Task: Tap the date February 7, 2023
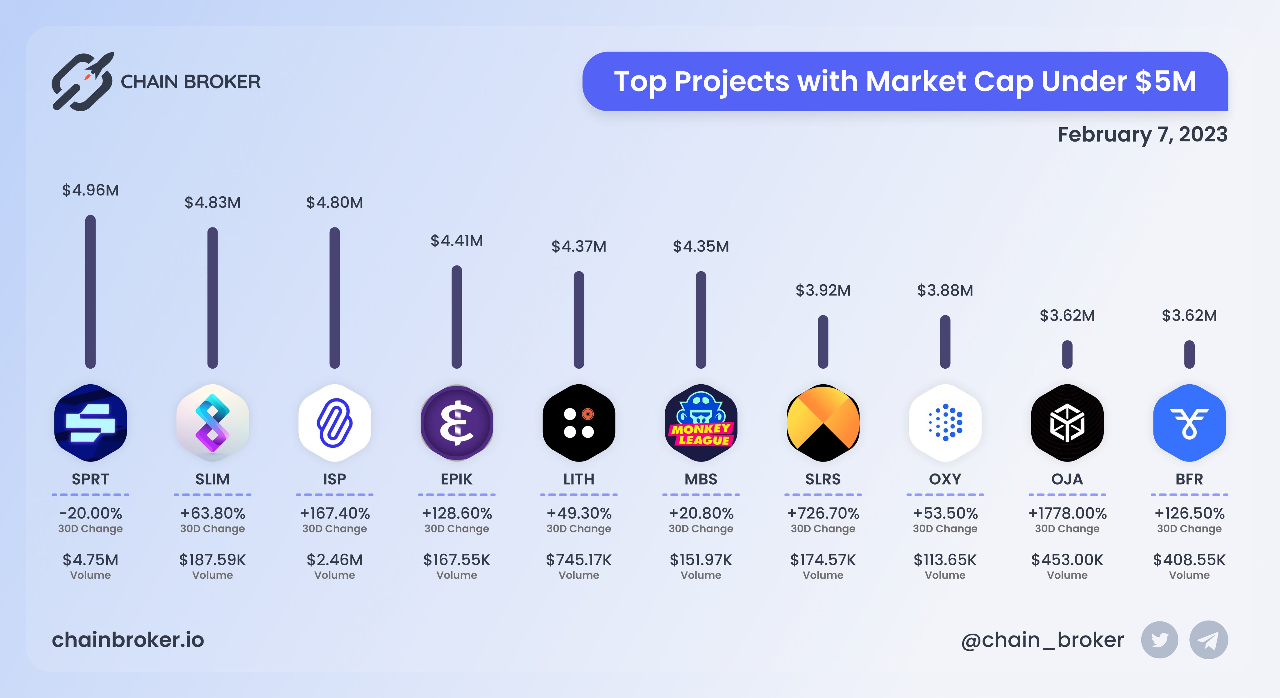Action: [x=1142, y=135]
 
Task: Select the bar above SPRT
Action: [x=90, y=292]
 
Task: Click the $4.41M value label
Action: [x=456, y=241]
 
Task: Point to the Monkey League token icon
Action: [x=701, y=423]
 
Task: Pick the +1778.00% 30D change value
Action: [x=1067, y=513]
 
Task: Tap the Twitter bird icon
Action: [x=1159, y=640]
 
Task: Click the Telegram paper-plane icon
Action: [x=1208, y=640]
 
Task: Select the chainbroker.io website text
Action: [x=128, y=640]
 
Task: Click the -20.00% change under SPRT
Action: [x=90, y=513]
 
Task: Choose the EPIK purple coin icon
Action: [x=457, y=423]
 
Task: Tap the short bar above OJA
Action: [x=1067, y=354]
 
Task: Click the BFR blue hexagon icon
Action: [x=1189, y=423]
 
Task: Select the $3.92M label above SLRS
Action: [x=823, y=290]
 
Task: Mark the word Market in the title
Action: [x=915, y=82]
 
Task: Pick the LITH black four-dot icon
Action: [x=579, y=423]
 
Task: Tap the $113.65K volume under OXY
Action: [x=945, y=560]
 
